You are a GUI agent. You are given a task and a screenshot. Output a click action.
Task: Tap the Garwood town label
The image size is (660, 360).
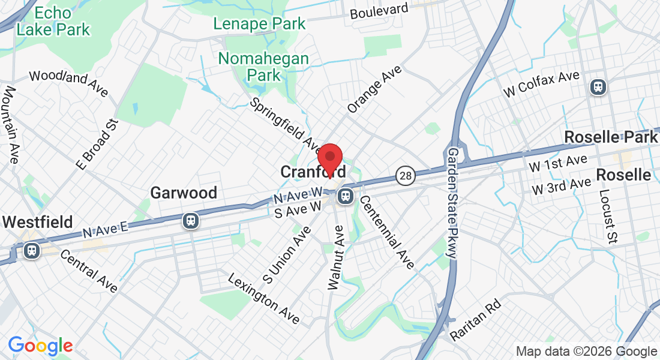coord(184,193)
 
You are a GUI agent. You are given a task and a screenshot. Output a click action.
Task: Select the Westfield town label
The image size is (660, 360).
coord(37,222)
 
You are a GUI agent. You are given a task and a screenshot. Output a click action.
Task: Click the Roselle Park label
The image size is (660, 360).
coord(610,137)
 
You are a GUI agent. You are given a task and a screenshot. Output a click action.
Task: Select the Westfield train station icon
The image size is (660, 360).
coord(32,250)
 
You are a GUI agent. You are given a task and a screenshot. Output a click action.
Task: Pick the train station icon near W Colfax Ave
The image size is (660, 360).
coord(598,87)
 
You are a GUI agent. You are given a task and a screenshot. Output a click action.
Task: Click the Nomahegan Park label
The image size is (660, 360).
coord(263,67)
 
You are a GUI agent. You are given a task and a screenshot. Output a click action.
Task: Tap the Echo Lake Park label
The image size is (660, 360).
coord(53,21)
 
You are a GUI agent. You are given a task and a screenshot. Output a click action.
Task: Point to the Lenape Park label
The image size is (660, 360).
coord(260,24)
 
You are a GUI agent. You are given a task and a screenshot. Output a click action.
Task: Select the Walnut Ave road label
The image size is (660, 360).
coord(335,257)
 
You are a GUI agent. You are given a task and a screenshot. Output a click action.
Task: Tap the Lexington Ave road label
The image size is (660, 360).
coord(264,298)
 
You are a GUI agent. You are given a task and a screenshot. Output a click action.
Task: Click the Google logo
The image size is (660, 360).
coord(40,346)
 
